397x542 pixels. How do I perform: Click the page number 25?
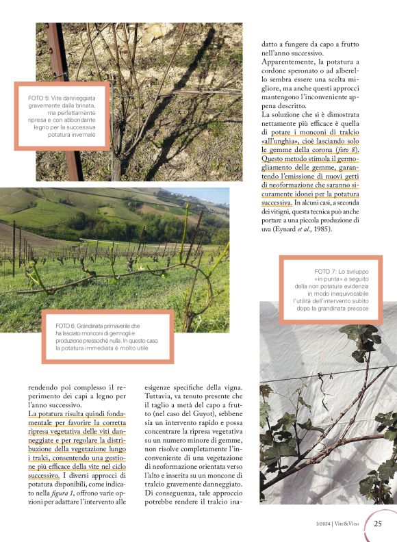[x=377, y=524]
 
